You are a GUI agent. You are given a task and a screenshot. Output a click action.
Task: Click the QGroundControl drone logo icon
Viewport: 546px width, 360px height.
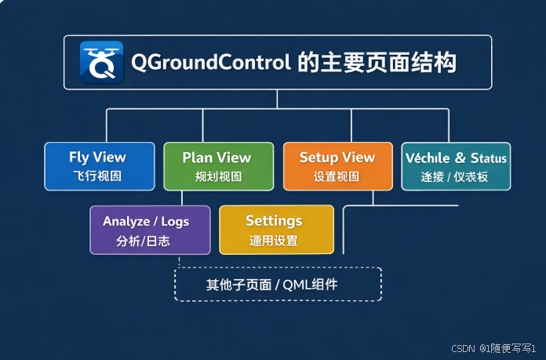point(102,62)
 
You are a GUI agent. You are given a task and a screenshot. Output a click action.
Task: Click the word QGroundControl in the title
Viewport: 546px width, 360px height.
point(211,62)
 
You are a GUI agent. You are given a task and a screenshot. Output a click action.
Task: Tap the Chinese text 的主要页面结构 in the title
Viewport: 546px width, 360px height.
point(377,62)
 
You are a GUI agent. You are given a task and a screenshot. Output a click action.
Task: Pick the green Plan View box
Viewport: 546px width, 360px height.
point(218,166)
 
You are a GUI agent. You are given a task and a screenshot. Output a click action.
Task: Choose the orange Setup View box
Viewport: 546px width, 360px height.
point(337,166)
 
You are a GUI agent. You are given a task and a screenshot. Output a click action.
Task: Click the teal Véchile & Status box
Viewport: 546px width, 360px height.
point(456,166)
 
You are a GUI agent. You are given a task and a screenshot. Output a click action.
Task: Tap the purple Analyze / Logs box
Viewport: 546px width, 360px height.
point(150,230)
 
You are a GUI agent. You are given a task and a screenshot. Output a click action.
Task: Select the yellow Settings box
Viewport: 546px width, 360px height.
point(275,230)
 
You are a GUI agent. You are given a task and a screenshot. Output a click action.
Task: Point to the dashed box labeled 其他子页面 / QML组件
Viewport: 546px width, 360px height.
point(278,285)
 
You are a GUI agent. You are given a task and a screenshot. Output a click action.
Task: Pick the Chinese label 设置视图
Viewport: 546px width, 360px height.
point(337,177)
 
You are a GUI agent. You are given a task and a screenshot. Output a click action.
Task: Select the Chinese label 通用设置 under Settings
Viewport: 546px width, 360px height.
point(274,241)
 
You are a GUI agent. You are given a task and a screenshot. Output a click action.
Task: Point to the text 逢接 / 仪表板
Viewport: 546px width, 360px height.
point(455,177)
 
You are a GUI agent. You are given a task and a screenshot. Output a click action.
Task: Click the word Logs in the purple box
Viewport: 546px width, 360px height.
point(175,222)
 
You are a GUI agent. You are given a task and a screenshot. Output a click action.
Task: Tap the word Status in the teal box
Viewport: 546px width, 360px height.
point(488,158)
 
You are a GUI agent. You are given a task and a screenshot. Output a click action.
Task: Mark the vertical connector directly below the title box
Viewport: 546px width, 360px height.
point(277,99)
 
